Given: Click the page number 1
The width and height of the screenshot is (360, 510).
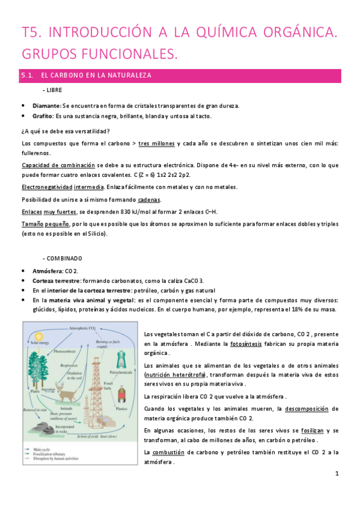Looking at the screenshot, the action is (338, 474).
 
